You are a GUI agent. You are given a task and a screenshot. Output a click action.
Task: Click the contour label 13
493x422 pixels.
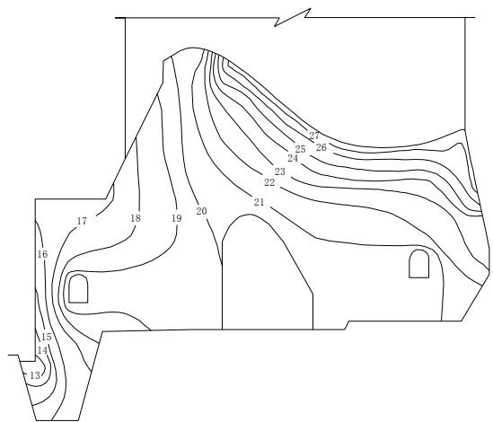(x=35, y=375)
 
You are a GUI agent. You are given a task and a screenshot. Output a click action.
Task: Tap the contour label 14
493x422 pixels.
(x=42, y=350)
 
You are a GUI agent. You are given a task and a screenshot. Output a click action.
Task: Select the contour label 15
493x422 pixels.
(x=46, y=337)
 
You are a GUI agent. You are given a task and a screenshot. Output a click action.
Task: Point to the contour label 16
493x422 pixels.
(x=42, y=254)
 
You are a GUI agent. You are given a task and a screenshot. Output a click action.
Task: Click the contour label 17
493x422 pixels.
(x=82, y=222)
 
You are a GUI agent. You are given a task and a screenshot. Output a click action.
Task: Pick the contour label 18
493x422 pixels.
(x=136, y=218)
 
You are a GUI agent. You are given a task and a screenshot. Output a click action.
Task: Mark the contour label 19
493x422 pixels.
(x=177, y=218)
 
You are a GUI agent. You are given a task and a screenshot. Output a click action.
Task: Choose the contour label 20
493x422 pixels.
(x=201, y=211)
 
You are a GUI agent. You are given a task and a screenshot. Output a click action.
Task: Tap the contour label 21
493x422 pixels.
(x=260, y=203)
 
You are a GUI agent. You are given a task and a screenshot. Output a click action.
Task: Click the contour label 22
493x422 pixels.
(x=269, y=182)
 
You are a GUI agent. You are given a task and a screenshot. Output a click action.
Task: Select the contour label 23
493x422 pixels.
(x=280, y=171)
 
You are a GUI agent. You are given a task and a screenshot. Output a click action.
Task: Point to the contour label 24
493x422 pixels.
(x=293, y=158)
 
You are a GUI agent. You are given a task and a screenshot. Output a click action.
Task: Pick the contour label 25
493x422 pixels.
(x=300, y=149)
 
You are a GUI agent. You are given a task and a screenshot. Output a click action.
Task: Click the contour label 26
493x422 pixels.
(x=321, y=147)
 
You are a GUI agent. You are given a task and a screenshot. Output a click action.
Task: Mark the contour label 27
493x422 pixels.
(x=314, y=136)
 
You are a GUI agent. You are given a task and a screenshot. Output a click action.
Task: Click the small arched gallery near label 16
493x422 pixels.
(x=78, y=289)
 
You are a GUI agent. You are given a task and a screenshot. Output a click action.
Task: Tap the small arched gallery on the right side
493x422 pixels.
(x=418, y=264)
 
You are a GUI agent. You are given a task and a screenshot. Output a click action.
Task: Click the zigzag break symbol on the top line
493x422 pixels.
(x=293, y=17)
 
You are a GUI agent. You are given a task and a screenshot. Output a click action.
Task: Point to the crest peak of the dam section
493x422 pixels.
(x=192, y=48)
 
